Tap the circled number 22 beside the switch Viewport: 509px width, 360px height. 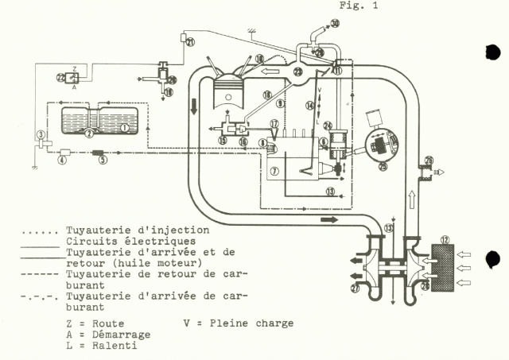[x=60, y=76]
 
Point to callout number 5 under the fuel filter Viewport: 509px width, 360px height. [x=61, y=161]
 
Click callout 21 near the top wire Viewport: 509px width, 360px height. [x=190, y=42]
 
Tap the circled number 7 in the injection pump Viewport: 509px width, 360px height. [x=273, y=171]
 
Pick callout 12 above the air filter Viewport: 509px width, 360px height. [x=445, y=239]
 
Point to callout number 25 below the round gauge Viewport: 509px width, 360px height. [x=385, y=166]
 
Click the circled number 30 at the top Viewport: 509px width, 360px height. [x=335, y=24]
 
